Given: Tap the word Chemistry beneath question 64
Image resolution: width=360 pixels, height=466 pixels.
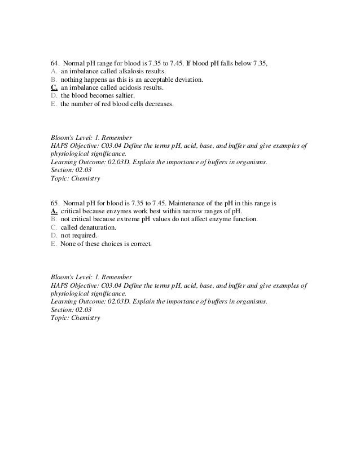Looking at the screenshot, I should pyautogui.click(x=84, y=179).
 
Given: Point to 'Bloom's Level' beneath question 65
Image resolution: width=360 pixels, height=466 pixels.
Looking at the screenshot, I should pyautogui.click(x=67, y=277).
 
